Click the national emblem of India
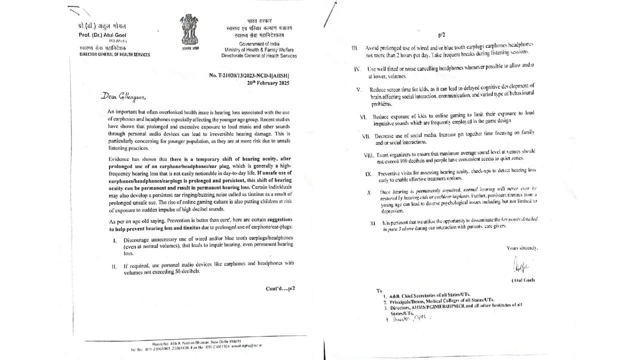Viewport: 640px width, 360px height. (x=189, y=30)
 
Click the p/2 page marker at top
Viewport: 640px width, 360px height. (x=441, y=35)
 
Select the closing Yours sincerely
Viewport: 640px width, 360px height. (x=522, y=248)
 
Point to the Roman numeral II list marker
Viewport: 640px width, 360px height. (x=114, y=266)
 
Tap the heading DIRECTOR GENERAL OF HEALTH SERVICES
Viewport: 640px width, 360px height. (x=114, y=54)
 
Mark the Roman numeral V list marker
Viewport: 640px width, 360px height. (x=358, y=90)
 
